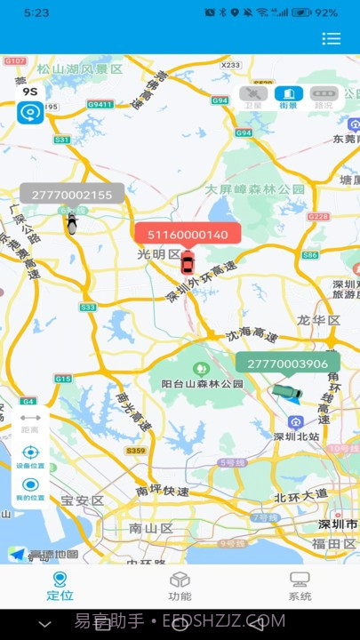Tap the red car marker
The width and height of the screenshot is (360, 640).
point(187,263)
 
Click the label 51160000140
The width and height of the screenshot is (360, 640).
point(188,235)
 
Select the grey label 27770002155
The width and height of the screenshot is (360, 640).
point(72,195)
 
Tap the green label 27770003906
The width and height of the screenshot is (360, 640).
point(287,364)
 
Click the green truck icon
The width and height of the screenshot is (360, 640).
point(287,391)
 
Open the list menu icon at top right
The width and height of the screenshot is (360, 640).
point(332,38)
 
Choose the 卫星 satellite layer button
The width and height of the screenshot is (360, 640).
point(253,97)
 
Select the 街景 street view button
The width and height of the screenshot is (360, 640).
point(288,97)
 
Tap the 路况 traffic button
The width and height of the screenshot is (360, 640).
point(323,97)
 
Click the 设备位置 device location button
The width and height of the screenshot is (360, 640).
point(30,456)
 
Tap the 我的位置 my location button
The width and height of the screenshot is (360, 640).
point(30,489)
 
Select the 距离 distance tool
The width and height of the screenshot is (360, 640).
point(30,423)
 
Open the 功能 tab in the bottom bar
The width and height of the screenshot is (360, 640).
point(180,587)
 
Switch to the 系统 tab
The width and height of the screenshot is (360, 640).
point(300,587)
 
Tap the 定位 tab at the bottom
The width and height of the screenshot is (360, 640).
point(60,587)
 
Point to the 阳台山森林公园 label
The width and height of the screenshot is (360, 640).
point(203,383)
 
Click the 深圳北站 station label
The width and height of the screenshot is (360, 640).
point(296,436)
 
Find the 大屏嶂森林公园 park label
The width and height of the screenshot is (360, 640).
point(255,189)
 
